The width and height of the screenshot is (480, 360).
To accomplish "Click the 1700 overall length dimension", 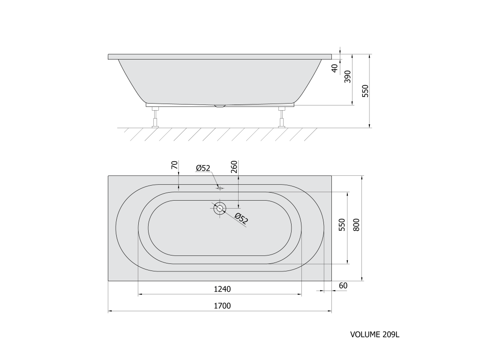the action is click(x=222, y=306).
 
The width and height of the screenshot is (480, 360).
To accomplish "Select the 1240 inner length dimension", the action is click(x=222, y=289).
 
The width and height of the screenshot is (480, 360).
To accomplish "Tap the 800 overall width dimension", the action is click(x=356, y=225).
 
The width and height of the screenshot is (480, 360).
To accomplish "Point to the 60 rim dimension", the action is click(x=343, y=285).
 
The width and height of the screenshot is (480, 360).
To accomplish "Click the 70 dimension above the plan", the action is click(x=174, y=165).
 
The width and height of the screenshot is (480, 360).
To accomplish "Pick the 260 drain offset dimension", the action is click(x=234, y=167).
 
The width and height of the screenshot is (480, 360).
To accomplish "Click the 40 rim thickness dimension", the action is click(x=335, y=68).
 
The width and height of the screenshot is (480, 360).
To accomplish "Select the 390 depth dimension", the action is click(x=347, y=76).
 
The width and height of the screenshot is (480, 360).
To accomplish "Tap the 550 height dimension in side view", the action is click(x=365, y=91).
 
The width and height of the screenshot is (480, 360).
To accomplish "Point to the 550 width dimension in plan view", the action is click(x=342, y=225).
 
